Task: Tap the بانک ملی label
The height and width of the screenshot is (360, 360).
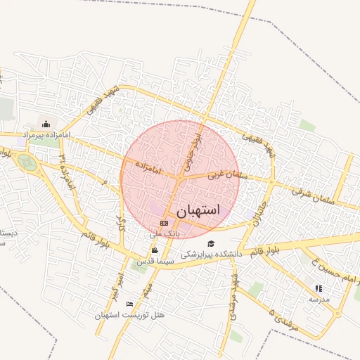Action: click(x=166, y=232)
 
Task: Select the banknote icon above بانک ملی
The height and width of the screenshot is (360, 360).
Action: click(x=164, y=223)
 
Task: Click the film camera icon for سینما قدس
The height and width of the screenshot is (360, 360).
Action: click(x=155, y=250)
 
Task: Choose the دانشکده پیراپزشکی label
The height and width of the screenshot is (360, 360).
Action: click(x=211, y=254)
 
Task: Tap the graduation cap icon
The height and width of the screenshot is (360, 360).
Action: click(x=211, y=244)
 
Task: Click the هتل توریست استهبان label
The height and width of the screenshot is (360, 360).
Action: click(x=134, y=314)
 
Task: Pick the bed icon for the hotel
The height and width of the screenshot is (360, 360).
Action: click(x=129, y=304)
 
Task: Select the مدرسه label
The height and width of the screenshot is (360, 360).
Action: click(x=319, y=298)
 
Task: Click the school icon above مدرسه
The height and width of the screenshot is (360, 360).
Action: click(x=319, y=288)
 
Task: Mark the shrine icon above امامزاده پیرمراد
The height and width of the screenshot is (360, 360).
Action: click(x=46, y=124)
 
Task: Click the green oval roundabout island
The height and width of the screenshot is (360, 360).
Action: click(x=28, y=163)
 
